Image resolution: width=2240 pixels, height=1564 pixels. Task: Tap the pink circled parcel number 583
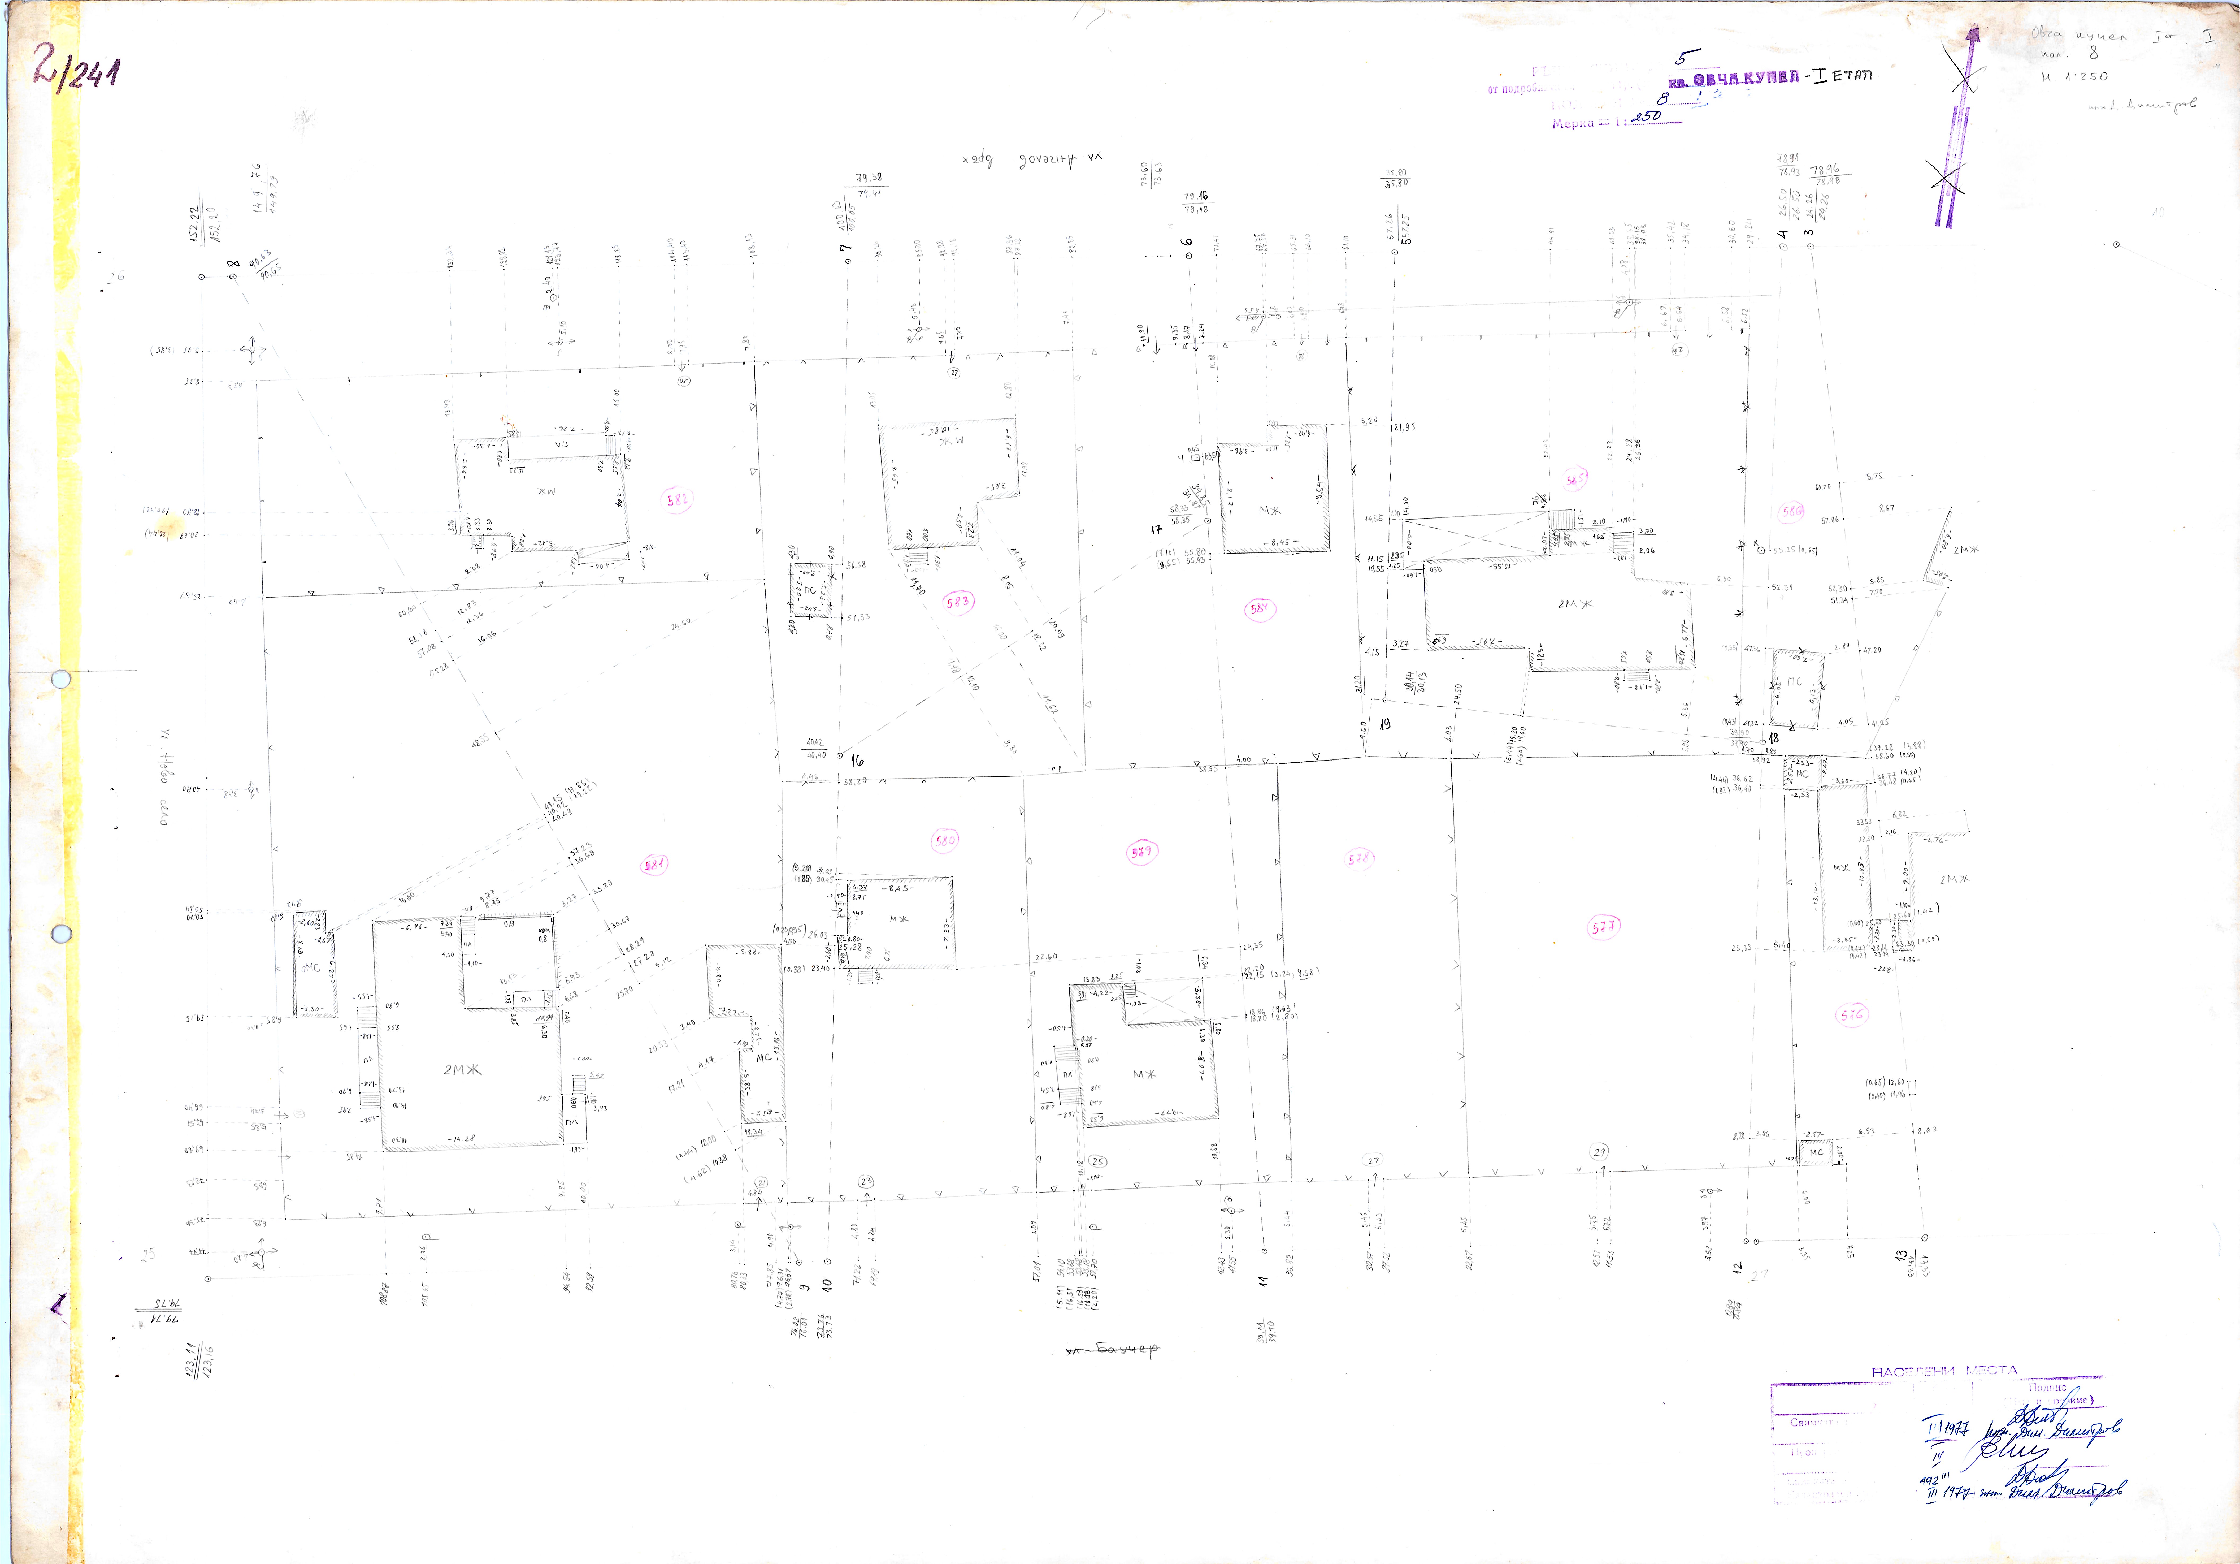958,602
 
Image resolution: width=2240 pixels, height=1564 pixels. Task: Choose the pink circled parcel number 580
944,839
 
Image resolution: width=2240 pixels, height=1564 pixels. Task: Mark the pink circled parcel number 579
1141,852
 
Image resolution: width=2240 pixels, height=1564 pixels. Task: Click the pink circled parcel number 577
1604,928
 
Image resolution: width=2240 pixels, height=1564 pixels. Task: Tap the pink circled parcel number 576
1851,1015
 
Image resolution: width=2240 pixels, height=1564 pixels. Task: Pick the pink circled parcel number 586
1791,510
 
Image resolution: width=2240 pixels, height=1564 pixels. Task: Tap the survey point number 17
1156,530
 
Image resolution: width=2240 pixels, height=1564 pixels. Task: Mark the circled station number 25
1097,1161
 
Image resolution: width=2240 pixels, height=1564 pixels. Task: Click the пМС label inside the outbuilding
310,968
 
